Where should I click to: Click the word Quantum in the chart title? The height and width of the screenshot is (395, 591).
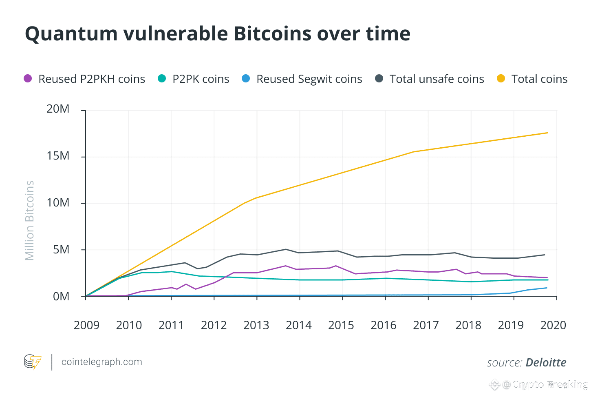(71, 34)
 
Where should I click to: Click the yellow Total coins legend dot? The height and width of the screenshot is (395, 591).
(501, 78)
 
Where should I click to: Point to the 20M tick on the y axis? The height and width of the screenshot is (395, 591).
(58, 109)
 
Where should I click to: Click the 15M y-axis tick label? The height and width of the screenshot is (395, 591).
(58, 156)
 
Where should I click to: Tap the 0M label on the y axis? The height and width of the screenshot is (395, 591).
(61, 296)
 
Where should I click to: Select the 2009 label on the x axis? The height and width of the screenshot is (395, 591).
(86, 325)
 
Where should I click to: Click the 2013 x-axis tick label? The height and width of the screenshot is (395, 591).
(256, 325)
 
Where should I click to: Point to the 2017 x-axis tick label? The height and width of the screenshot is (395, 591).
(426, 325)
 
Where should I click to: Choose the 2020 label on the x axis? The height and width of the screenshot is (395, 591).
(553, 325)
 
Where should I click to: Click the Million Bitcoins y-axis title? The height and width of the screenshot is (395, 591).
(30, 220)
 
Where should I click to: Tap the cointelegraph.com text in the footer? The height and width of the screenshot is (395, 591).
(101, 362)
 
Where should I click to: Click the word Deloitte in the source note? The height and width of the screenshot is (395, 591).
(546, 362)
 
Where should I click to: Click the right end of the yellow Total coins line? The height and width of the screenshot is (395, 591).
(547, 133)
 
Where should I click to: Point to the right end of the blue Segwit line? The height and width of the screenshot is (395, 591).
(547, 288)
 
